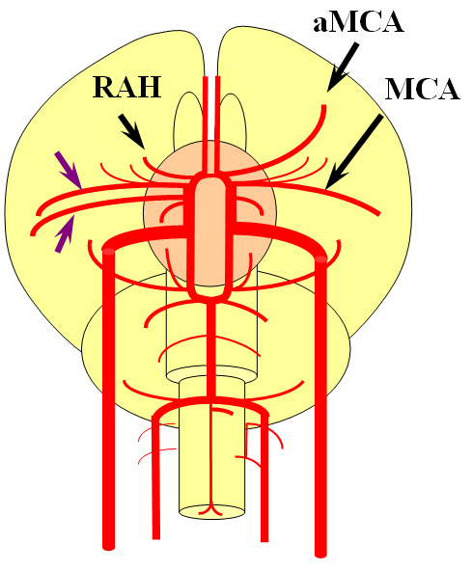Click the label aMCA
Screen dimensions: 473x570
tap(358, 23)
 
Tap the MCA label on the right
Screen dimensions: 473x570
tap(422, 89)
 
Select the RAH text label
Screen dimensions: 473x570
tap(127, 87)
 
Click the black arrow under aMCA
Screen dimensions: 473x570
tap(342, 68)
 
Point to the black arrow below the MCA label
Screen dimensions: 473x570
tap(353, 152)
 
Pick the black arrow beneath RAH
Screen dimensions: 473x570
tap(132, 131)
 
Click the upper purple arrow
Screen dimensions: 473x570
tap(69, 171)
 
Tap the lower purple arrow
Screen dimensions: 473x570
tap(65, 233)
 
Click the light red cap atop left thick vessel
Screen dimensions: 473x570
tap(108, 250)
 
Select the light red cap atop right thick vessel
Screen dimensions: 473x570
tap(320, 258)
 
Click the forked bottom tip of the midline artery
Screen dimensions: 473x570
tap(210, 509)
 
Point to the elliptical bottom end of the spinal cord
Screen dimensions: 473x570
tap(211, 512)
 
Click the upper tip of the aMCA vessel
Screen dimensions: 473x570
tap(323, 106)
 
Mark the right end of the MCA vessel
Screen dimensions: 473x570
tap(378, 213)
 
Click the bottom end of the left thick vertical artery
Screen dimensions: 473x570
tap(108, 546)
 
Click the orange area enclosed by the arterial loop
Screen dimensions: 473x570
tap(210, 232)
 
